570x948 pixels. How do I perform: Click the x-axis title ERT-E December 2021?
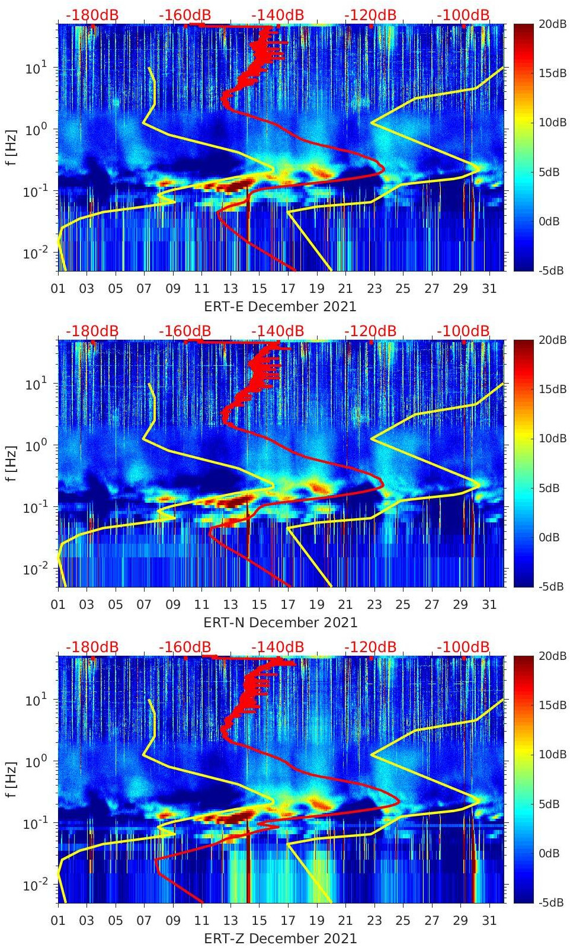point(280,307)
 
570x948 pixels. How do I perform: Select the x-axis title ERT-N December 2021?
point(280,623)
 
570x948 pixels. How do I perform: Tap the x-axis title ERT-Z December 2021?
point(280,939)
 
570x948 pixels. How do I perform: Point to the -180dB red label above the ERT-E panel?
point(92,15)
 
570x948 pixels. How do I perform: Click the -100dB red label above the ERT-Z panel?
point(463,647)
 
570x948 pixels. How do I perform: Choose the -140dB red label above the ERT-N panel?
point(277,331)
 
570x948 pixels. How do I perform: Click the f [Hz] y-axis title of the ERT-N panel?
point(11,463)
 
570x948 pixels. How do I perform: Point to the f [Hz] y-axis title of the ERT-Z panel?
point(11,779)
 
